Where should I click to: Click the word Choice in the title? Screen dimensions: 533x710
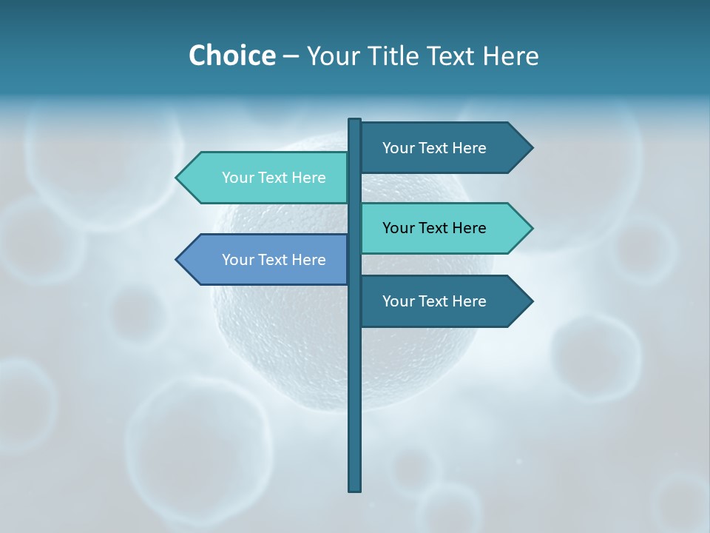pyautogui.click(x=231, y=56)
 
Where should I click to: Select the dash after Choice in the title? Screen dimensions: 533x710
pyautogui.click(x=291, y=57)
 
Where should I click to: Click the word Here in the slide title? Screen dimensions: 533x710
pyautogui.click(x=510, y=56)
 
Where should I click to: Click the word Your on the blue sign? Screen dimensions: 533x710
pyautogui.click(x=238, y=260)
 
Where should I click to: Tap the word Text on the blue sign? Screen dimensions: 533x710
pyautogui.click(x=273, y=260)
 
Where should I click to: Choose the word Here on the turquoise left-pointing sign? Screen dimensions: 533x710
pyautogui.click(x=308, y=178)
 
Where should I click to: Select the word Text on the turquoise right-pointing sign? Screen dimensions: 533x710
pyautogui.click(x=433, y=228)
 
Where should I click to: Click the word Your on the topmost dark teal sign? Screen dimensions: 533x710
pyautogui.click(x=399, y=148)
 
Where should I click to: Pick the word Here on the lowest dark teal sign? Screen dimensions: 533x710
pyautogui.click(x=469, y=301)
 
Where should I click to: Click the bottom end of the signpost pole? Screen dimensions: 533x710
pyautogui.click(x=355, y=489)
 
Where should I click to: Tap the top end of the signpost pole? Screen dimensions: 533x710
pyautogui.click(x=355, y=121)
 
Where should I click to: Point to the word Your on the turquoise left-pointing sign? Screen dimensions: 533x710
pyautogui.click(x=238, y=178)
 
